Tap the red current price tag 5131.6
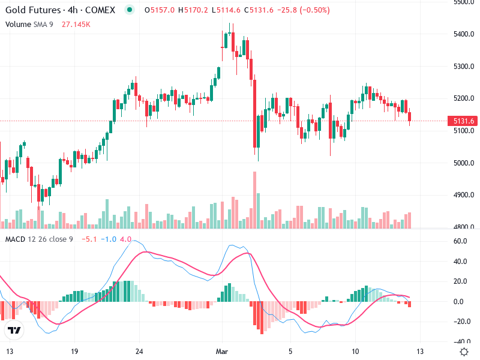pos(463,121)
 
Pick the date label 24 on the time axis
pos(139,351)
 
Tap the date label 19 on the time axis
pos(74,351)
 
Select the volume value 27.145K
pos(76,24)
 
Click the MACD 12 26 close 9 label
pos(39,239)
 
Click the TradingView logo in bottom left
pos(14,330)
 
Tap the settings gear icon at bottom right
pos(463,351)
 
